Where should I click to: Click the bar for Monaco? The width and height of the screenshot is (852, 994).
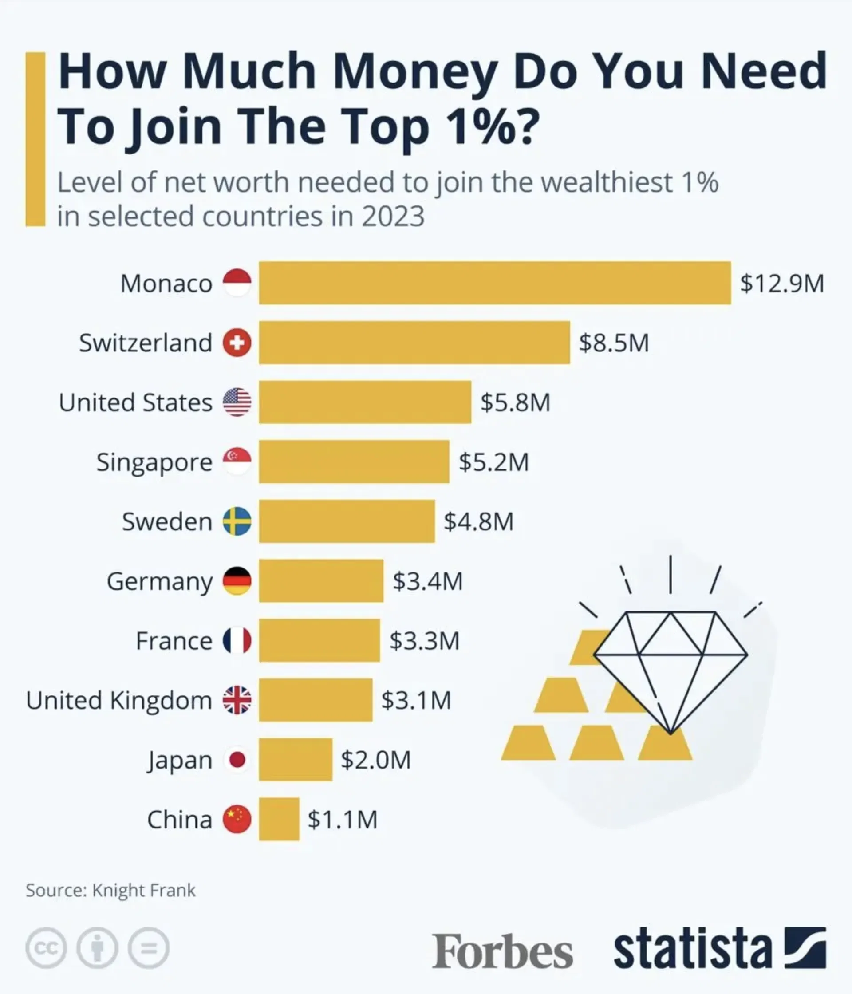tap(495, 283)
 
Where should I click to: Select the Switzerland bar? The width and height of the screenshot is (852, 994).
tap(414, 342)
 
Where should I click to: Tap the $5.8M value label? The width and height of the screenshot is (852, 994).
tap(515, 402)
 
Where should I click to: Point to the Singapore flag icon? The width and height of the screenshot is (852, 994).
tap(237, 461)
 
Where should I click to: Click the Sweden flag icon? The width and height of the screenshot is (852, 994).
tap(237, 521)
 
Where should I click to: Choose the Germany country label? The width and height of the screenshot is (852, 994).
tap(159, 581)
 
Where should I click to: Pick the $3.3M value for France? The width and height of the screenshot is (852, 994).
tap(424, 640)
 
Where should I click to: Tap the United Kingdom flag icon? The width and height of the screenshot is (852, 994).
tap(237, 700)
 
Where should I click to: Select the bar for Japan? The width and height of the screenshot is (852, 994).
tap(296, 759)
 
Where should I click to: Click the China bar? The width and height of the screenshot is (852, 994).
tap(279, 819)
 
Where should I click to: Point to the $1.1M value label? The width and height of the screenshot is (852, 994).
tap(342, 819)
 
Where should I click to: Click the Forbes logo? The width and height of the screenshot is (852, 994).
tap(502, 952)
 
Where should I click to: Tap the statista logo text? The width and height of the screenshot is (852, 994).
tap(692, 948)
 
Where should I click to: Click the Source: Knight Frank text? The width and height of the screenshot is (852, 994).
tap(111, 890)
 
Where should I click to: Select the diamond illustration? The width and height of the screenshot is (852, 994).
tap(671, 667)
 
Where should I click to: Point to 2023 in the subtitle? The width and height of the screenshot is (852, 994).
tap(393, 216)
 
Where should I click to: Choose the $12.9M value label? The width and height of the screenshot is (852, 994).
tap(782, 283)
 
